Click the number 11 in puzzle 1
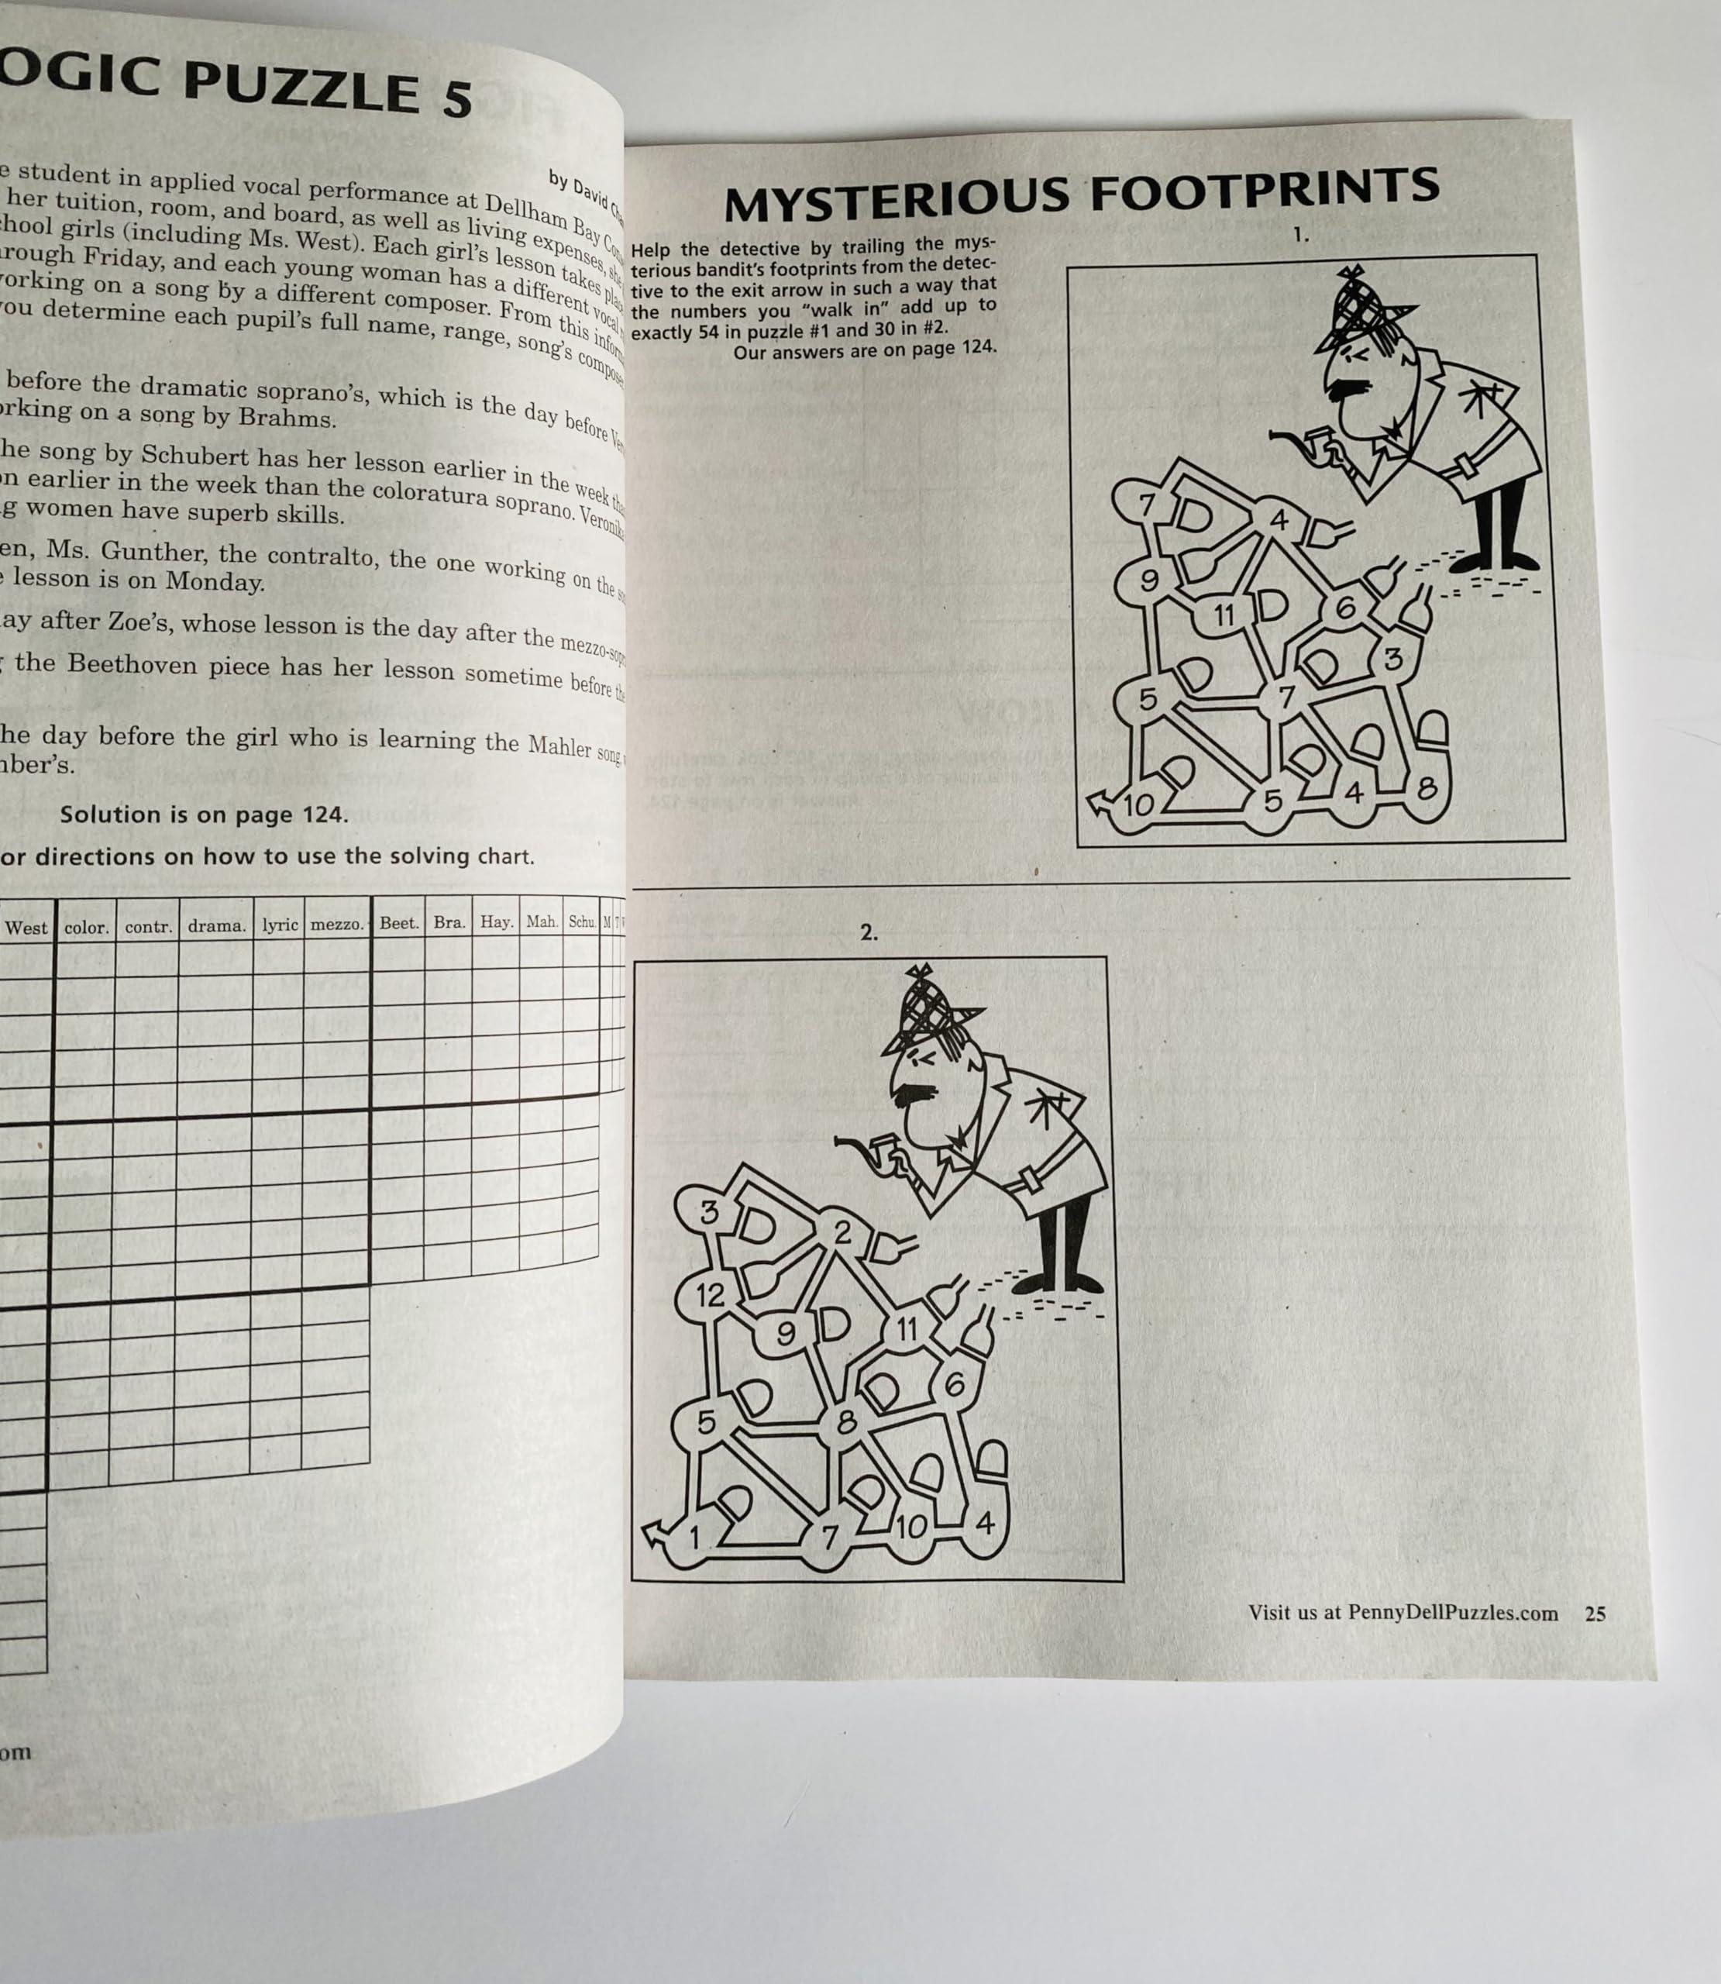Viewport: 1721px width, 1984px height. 1223,614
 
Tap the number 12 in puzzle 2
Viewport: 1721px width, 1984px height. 710,1296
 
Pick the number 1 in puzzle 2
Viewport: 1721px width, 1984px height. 695,1538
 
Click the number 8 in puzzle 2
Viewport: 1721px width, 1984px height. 845,1421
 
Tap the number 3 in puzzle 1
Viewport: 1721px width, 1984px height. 1392,659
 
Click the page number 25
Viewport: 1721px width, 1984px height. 1594,1614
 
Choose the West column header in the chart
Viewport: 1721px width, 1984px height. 26,928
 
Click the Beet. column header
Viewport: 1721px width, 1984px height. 398,923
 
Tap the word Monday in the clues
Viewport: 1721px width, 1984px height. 214,581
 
